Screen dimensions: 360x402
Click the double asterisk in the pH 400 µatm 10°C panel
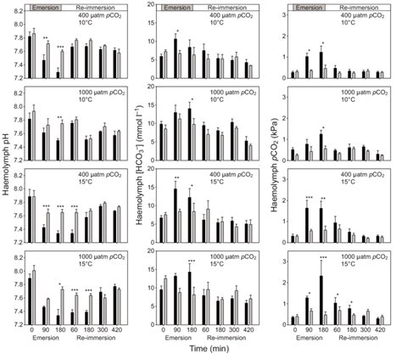[x=45, y=38]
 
